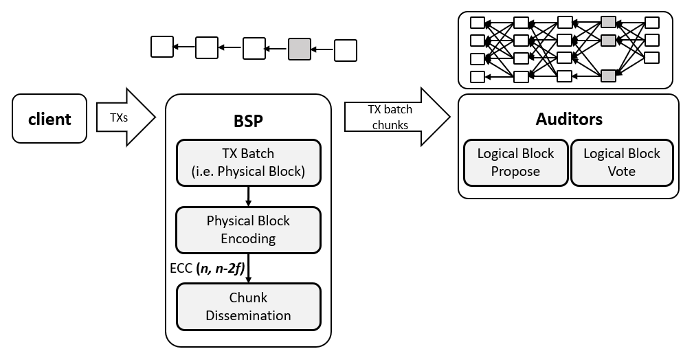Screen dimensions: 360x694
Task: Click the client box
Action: (x=49, y=119)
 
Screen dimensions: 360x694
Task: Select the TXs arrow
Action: (x=124, y=117)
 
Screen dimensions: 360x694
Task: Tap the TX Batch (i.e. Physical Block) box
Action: (x=248, y=163)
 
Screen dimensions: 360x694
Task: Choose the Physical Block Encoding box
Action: (x=248, y=229)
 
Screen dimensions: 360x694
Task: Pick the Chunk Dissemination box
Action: (x=248, y=306)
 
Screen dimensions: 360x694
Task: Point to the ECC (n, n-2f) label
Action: (x=206, y=268)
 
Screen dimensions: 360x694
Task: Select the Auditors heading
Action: (x=568, y=119)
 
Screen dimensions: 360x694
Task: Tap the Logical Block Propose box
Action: (x=515, y=163)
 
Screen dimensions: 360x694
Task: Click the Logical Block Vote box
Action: (x=622, y=163)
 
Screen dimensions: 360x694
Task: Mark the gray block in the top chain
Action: (x=299, y=49)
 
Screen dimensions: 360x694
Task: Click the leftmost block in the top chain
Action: (x=161, y=47)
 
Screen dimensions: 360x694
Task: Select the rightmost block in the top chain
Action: (x=345, y=49)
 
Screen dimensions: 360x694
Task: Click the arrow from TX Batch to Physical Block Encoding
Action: (x=248, y=196)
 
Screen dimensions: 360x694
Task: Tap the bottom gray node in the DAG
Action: (x=607, y=76)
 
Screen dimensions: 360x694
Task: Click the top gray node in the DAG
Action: (x=607, y=23)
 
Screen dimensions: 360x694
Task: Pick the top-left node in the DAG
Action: (x=477, y=23)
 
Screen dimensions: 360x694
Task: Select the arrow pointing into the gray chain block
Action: (x=322, y=49)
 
